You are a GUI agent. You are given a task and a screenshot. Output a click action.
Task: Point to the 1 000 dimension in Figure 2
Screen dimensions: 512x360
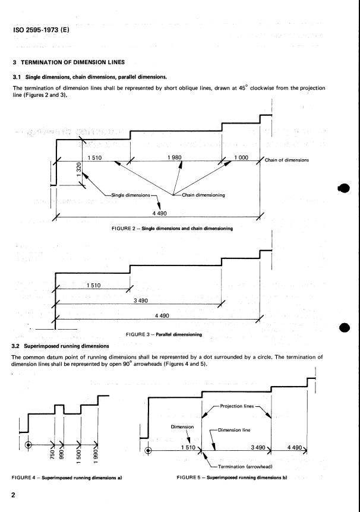coord(242,157)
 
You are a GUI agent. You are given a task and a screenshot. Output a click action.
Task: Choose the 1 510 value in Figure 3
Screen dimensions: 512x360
coord(93,286)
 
